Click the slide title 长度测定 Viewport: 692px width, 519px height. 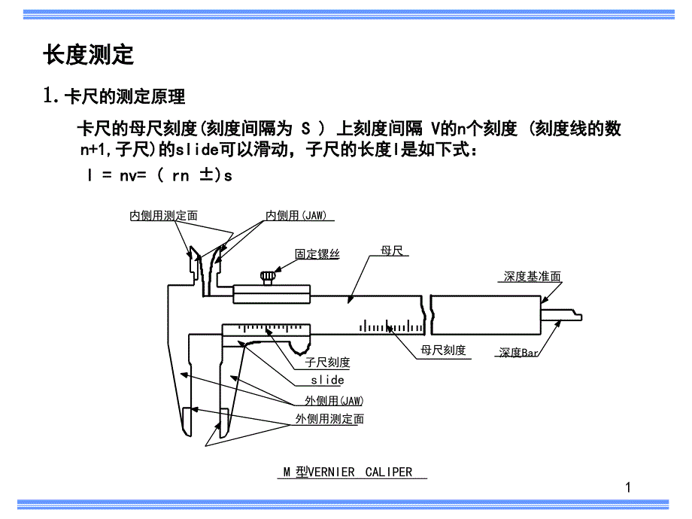(x=88, y=55)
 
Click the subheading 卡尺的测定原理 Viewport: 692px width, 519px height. (x=124, y=97)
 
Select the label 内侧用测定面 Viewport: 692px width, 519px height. (x=163, y=216)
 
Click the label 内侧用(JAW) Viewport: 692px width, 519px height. (x=296, y=216)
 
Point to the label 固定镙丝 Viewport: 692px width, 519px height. (x=317, y=254)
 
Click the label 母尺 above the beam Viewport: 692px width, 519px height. (x=393, y=250)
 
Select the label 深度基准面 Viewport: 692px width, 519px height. (x=532, y=277)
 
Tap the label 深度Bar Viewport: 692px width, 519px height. (x=519, y=352)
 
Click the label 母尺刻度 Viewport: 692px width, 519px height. (x=443, y=351)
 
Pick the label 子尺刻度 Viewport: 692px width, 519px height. (x=327, y=363)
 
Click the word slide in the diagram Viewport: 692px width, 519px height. (x=327, y=381)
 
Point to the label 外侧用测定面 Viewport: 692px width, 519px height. (x=329, y=419)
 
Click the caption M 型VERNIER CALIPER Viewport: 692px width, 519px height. (x=348, y=472)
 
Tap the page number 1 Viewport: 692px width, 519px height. (x=628, y=488)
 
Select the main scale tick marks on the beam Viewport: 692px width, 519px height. (x=391, y=326)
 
